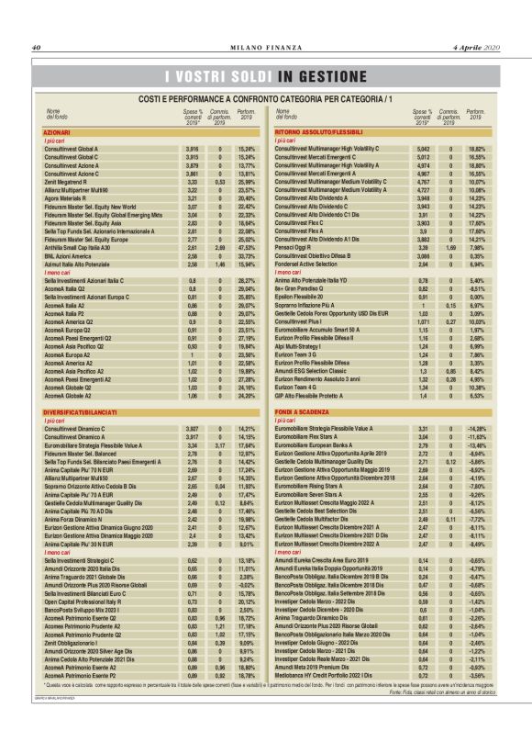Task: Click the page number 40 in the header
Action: tap(37, 48)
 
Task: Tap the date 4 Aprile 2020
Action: tap(477, 48)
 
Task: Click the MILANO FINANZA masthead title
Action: tap(265, 48)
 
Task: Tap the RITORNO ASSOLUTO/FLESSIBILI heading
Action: tap(316, 132)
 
